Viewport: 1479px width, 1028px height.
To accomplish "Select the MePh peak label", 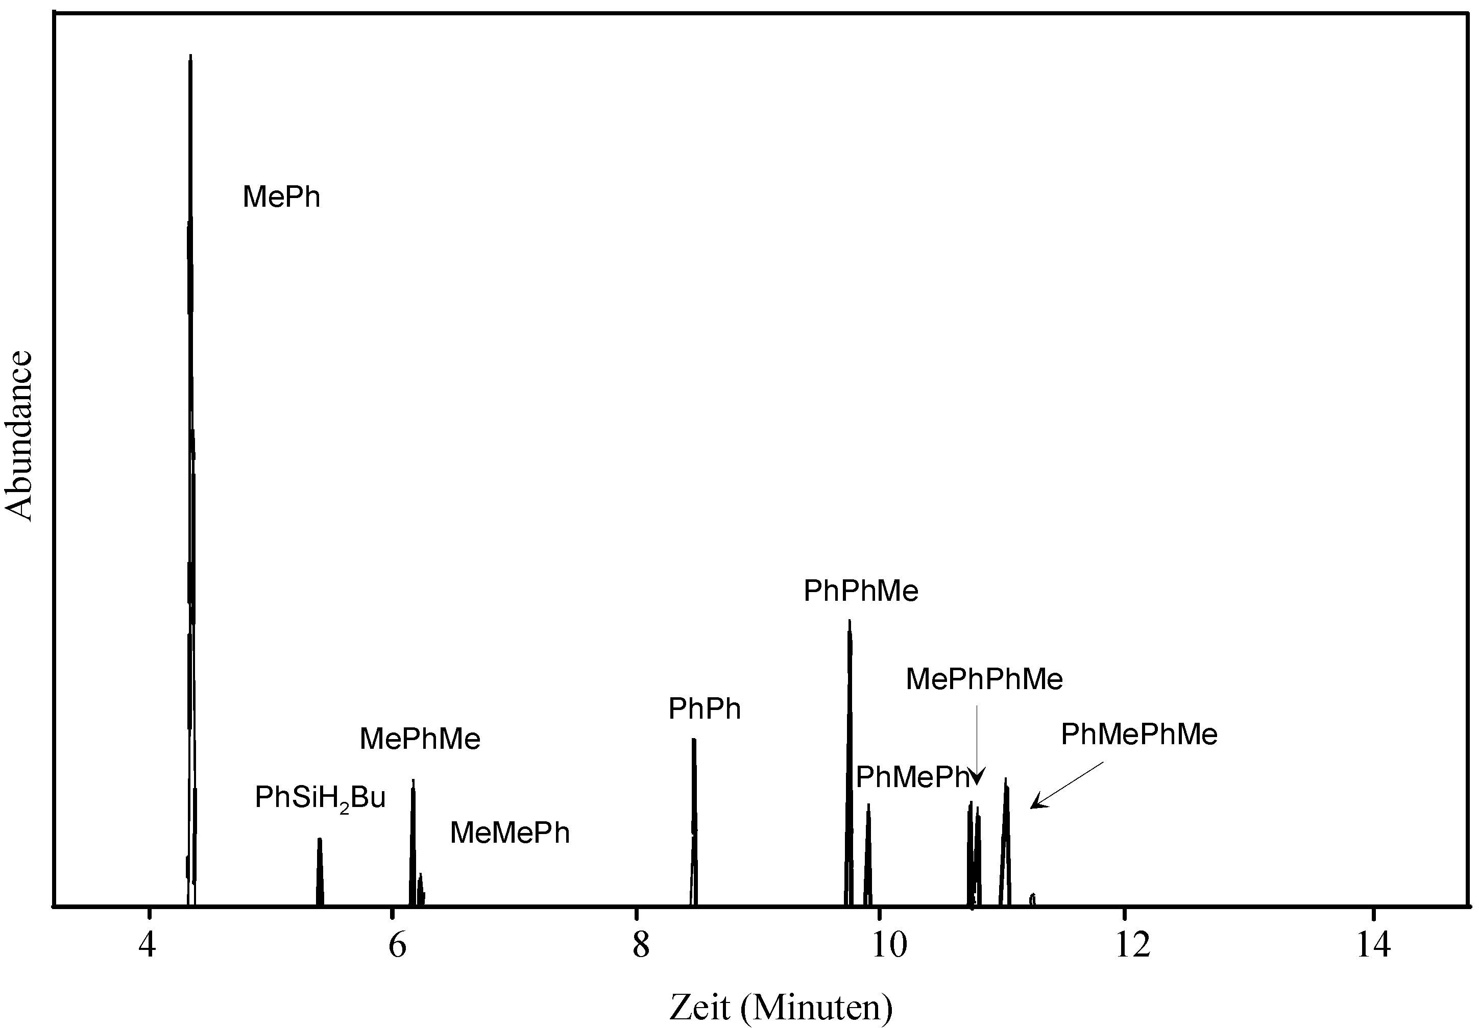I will click(x=281, y=197).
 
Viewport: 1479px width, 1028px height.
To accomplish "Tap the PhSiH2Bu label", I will click(x=320, y=799).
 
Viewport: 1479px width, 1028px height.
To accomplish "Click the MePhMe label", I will click(x=419, y=739).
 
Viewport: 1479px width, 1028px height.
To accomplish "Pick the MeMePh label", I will click(x=510, y=833).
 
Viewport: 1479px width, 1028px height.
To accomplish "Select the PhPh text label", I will click(x=704, y=709).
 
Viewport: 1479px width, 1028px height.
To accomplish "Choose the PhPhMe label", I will click(x=861, y=591).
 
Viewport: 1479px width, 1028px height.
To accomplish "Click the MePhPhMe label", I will click(x=984, y=679).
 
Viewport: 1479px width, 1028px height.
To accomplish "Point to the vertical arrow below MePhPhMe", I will click(x=977, y=747).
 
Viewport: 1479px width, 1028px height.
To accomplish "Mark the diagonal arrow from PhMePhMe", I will click(x=1066, y=785).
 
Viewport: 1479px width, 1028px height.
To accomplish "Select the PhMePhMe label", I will click(x=1139, y=735).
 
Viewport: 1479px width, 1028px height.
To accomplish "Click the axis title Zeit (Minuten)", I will click(x=781, y=1006).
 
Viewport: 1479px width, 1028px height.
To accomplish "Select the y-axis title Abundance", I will click(x=19, y=435).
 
